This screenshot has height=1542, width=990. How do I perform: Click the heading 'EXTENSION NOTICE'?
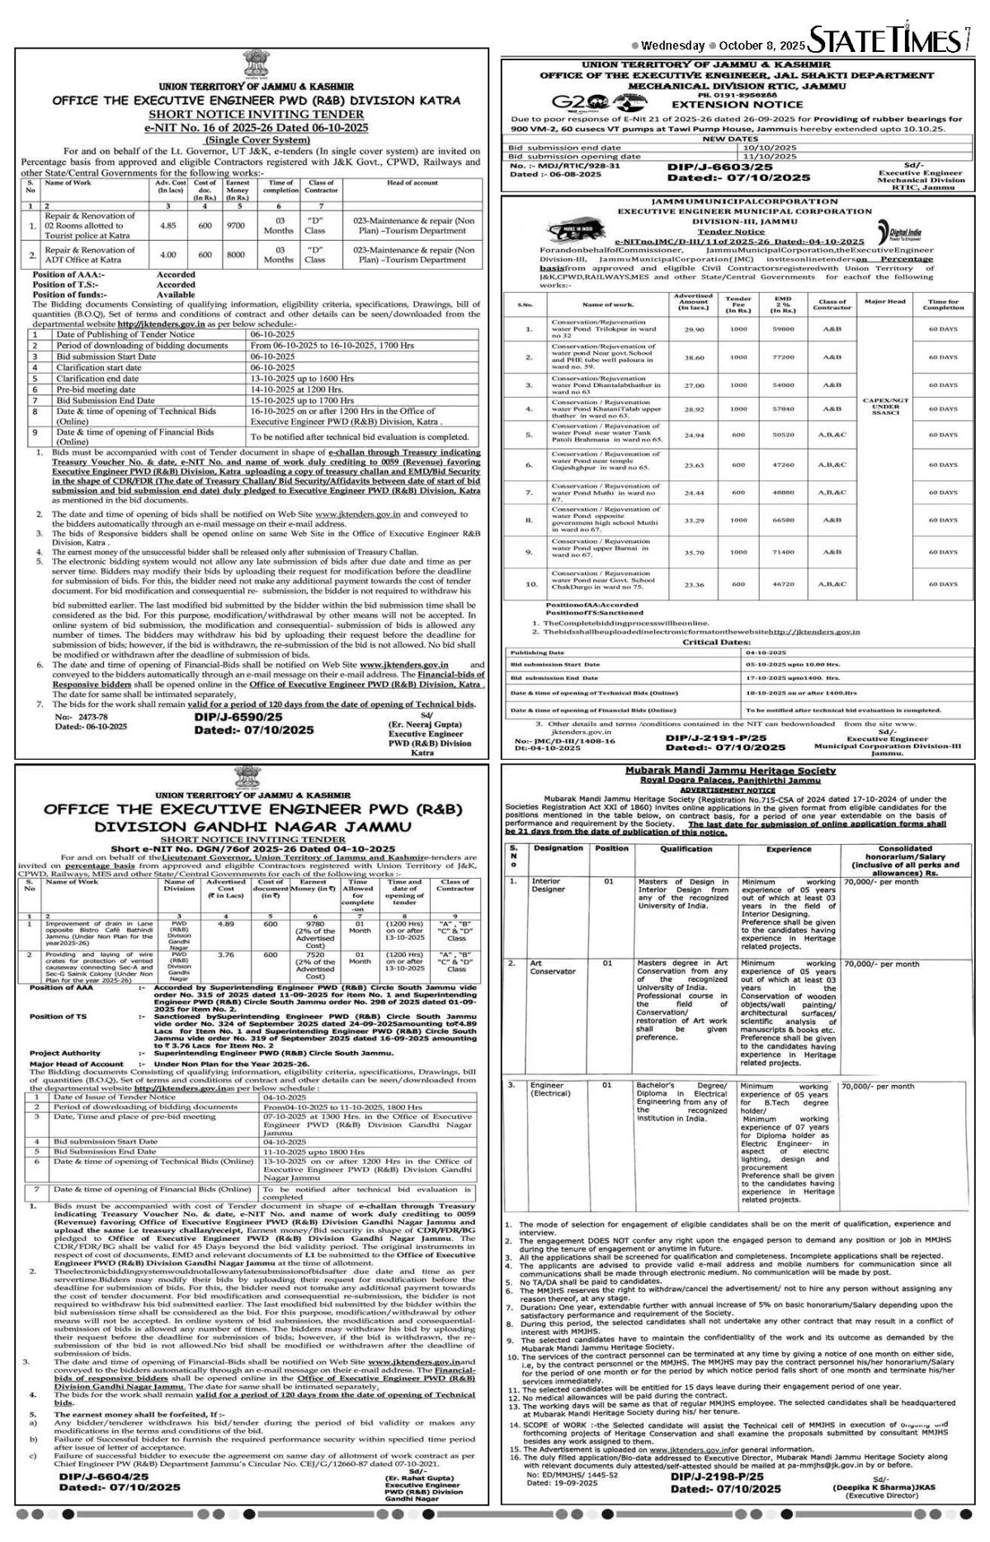(x=737, y=104)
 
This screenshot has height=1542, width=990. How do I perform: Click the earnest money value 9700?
(x=235, y=224)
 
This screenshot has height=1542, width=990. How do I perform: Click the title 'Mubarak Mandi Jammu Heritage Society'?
(x=730, y=771)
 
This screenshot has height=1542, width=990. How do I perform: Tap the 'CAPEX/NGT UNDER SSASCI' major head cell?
(x=885, y=407)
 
